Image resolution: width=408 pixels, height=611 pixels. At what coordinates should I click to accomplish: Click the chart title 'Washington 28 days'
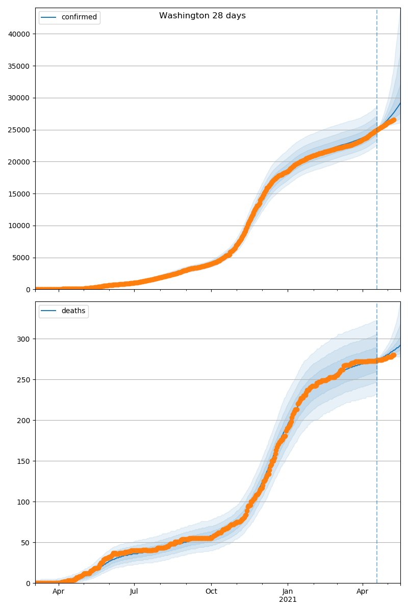202,16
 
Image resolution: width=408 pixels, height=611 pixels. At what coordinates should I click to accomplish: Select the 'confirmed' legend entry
79,17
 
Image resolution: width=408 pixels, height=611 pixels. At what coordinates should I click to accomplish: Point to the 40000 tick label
19,34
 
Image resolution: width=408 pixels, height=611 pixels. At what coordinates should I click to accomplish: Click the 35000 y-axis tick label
19,66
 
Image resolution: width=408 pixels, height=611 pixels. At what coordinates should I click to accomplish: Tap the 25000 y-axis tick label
19,130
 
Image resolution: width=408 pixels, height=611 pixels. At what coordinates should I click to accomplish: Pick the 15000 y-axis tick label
19,194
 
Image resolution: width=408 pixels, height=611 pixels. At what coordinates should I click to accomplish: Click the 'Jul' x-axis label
134,592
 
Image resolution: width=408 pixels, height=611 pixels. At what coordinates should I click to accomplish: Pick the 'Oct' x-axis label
211,592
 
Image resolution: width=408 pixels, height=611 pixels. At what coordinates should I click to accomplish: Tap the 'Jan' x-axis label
288,592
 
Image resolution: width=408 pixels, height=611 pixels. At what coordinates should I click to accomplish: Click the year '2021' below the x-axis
288,600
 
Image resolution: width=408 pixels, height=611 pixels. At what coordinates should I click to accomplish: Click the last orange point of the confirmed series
393,120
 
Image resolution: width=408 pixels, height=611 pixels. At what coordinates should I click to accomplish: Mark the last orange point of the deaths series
393,355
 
